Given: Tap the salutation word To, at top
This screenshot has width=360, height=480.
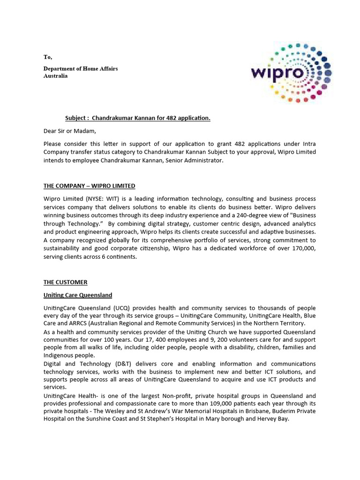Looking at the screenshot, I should [48, 57].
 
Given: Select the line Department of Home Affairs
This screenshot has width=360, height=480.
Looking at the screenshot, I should [81, 68].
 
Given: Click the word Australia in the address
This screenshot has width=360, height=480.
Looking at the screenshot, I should [55, 75].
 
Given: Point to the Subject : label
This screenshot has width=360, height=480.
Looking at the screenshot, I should [77, 118].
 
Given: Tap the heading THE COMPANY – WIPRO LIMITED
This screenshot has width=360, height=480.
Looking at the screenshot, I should [89, 186].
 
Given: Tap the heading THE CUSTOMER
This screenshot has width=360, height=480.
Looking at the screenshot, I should [65, 282].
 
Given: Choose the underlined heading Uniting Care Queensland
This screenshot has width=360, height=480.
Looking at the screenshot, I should [78, 295].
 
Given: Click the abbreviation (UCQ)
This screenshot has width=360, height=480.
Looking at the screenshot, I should [125, 308].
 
